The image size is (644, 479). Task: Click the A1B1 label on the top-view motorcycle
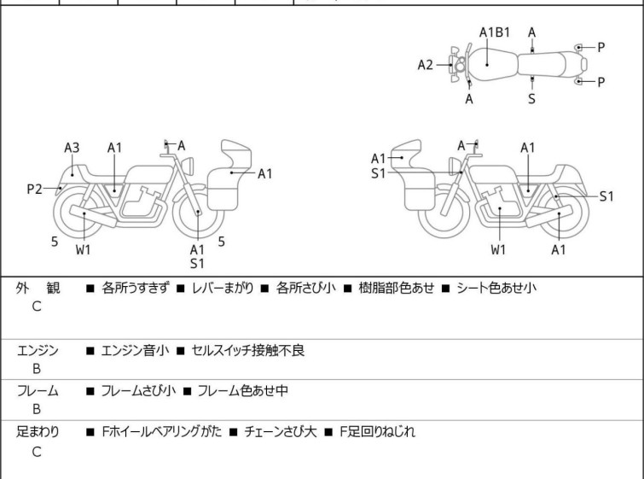click(x=494, y=32)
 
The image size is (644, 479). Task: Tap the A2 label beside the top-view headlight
click(x=425, y=64)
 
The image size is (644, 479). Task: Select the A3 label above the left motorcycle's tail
click(x=72, y=148)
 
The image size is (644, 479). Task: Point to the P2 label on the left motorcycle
click(x=33, y=189)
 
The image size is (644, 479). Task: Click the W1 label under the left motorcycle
click(x=83, y=250)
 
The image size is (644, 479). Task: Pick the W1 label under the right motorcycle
click(x=499, y=250)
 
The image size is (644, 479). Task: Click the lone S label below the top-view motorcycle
click(x=531, y=99)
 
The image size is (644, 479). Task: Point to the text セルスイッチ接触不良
click(x=248, y=350)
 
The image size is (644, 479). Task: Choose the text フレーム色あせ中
click(x=242, y=391)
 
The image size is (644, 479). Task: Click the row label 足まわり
click(x=38, y=432)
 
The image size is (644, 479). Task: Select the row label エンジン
click(x=38, y=350)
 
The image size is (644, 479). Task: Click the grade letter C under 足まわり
click(x=37, y=452)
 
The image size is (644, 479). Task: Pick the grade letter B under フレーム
click(x=37, y=410)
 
